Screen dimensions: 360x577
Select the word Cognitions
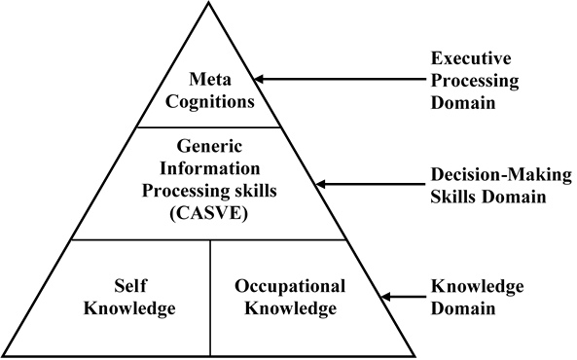(207, 99)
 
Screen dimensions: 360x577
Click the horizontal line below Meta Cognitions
(207, 126)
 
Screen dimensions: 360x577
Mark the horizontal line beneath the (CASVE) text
(207, 239)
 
